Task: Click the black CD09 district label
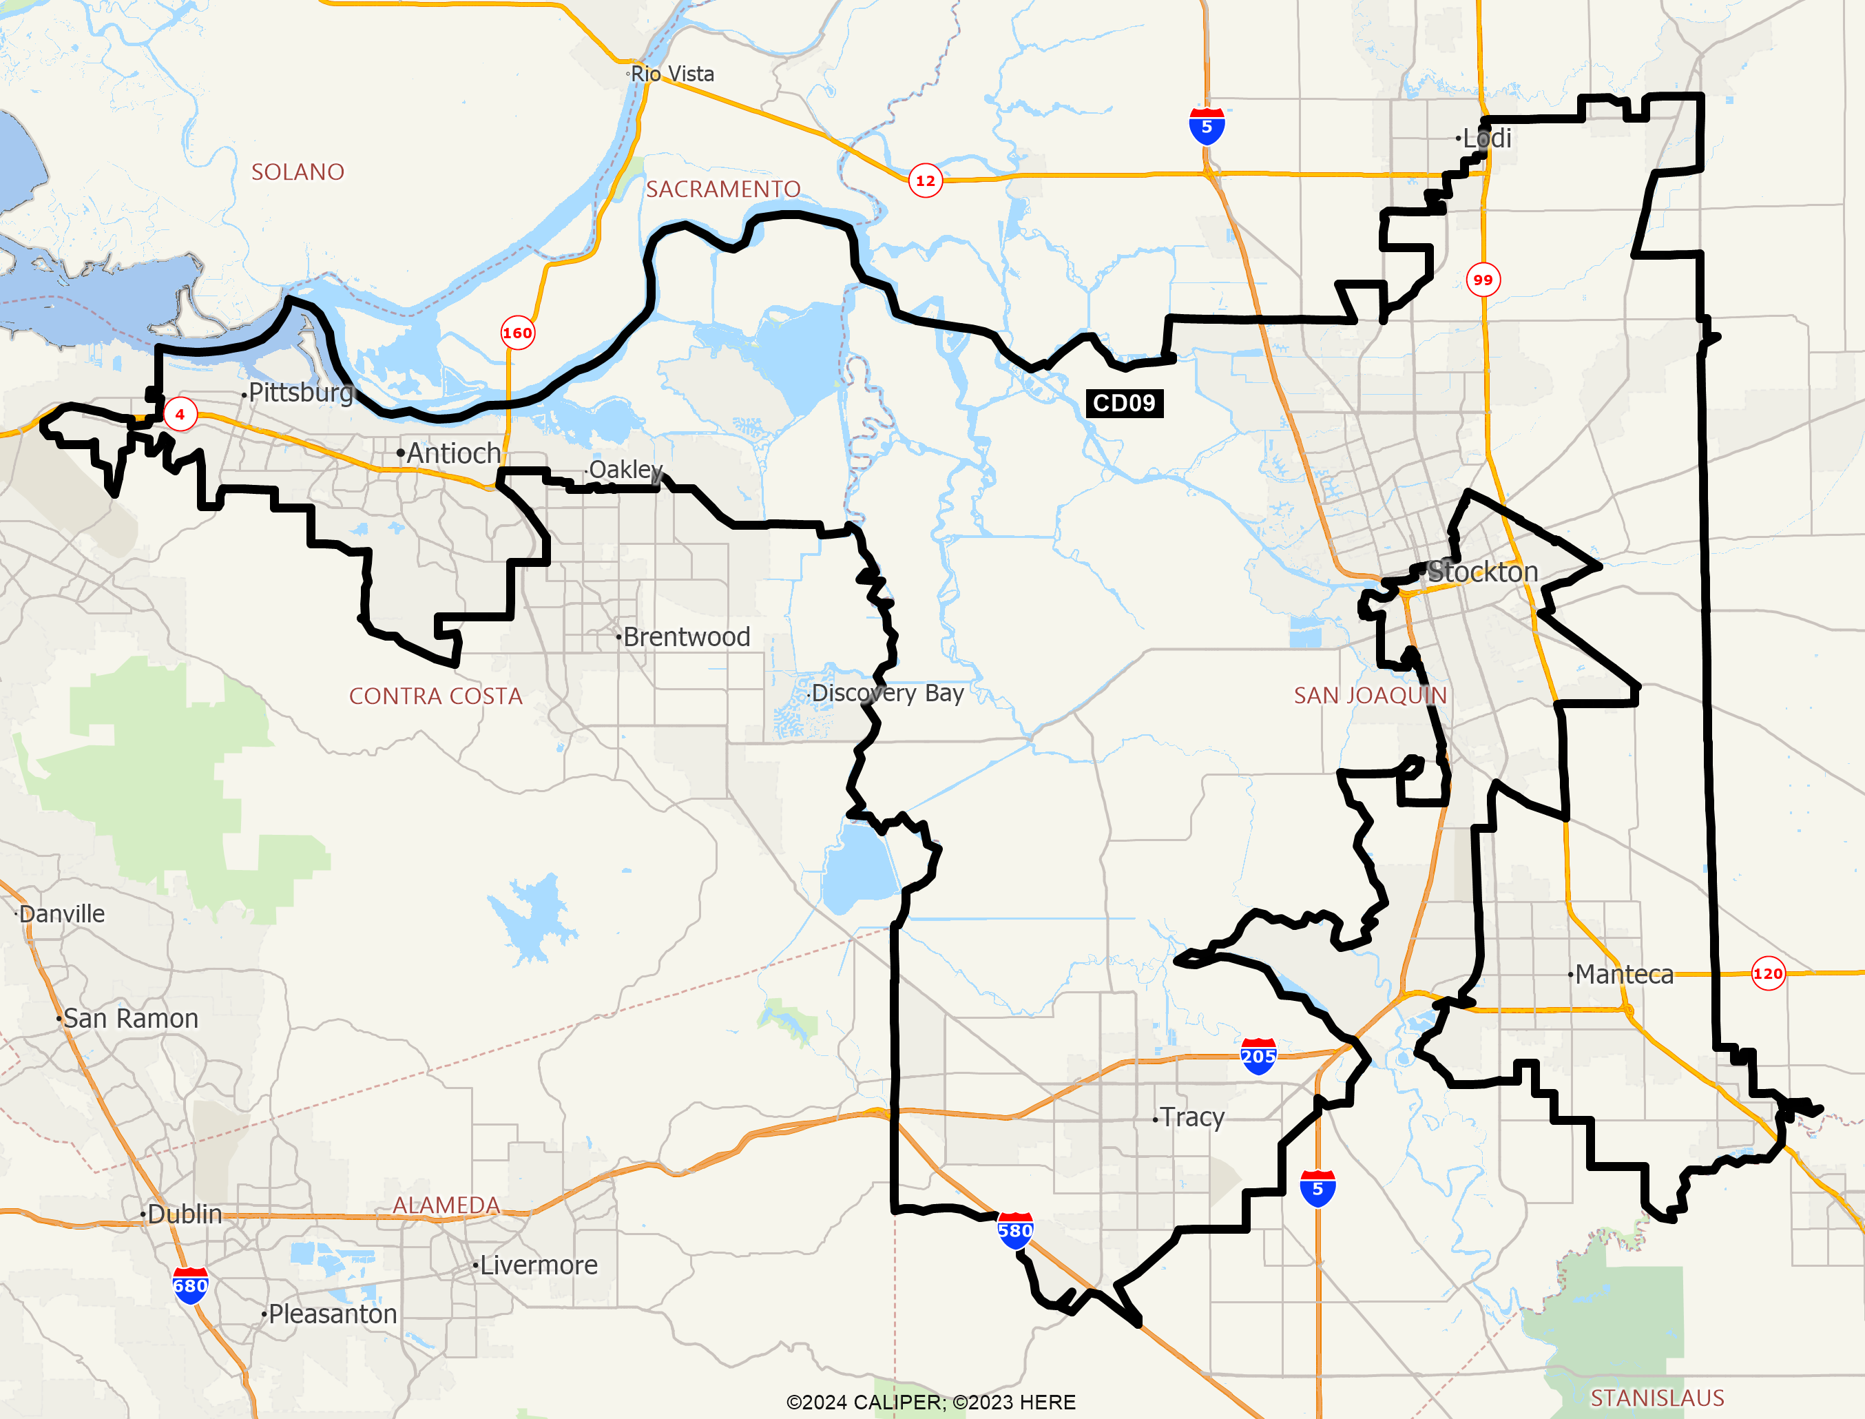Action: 1124,403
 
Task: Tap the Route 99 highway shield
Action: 1483,280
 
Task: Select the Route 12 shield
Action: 926,180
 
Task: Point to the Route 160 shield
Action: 517,333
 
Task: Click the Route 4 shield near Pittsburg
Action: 180,414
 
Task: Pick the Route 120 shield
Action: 1767,974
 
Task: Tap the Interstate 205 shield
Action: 1258,1056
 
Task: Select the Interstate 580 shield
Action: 1015,1231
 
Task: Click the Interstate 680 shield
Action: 190,1285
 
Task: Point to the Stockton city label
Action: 1483,572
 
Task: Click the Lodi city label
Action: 1487,138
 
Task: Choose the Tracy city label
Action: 1191,1117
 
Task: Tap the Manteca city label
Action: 1623,975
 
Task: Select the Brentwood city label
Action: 685,637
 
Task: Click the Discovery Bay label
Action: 886,694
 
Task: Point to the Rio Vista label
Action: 672,74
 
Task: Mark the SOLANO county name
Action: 298,172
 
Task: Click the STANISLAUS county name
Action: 1656,1398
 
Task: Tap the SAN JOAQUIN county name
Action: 1371,695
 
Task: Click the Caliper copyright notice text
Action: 930,1402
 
